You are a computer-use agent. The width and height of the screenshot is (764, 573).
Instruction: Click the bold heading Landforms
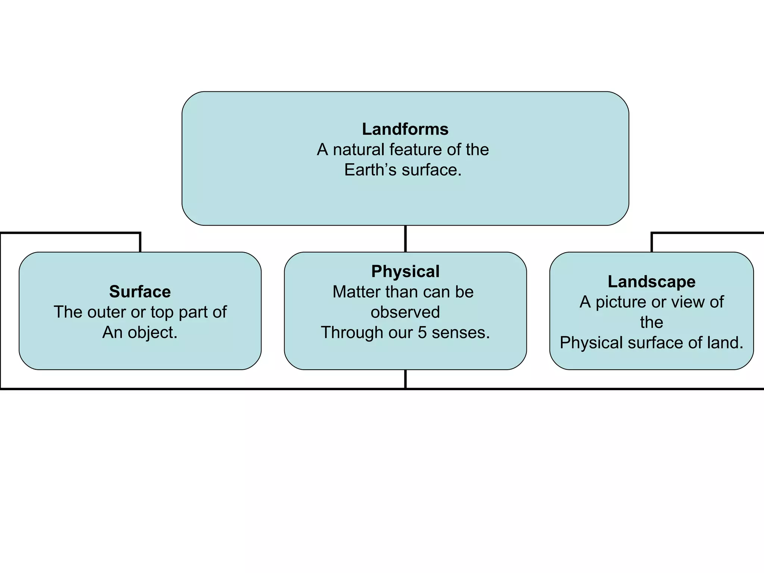[x=405, y=129]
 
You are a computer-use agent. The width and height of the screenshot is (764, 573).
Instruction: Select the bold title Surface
[x=140, y=292]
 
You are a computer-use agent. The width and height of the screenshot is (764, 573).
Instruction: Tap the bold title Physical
[x=405, y=272]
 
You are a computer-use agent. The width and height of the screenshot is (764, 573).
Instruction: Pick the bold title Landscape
[x=651, y=282]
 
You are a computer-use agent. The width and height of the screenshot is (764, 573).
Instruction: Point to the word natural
[x=358, y=150]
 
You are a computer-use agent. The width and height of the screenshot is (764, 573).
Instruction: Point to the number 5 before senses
[x=422, y=333]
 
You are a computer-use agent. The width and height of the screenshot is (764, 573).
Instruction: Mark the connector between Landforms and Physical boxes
[x=405, y=239]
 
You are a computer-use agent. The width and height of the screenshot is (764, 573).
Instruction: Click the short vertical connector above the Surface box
[x=140, y=243]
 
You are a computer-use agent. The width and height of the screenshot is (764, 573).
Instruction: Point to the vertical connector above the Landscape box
[x=651, y=243]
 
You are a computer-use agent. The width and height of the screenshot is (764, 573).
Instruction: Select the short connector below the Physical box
[x=405, y=379]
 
